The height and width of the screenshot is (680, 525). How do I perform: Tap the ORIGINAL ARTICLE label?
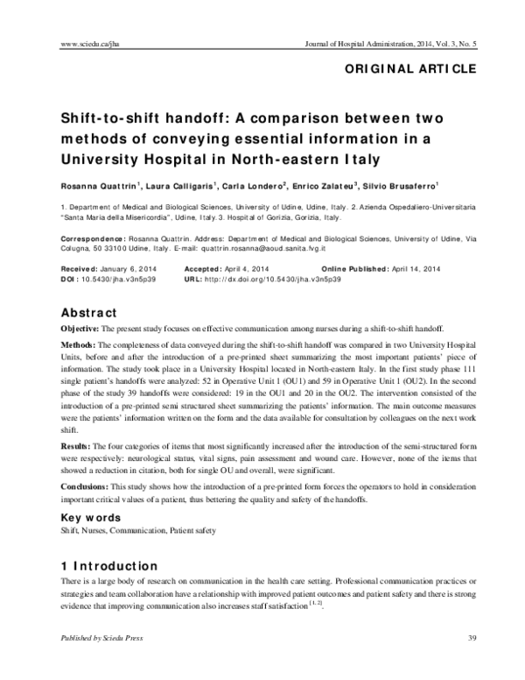(x=410, y=68)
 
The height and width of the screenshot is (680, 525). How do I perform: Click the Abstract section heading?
(x=88, y=313)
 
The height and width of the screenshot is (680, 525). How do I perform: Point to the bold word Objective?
(x=81, y=328)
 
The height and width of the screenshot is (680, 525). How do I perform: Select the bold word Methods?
(x=80, y=347)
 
